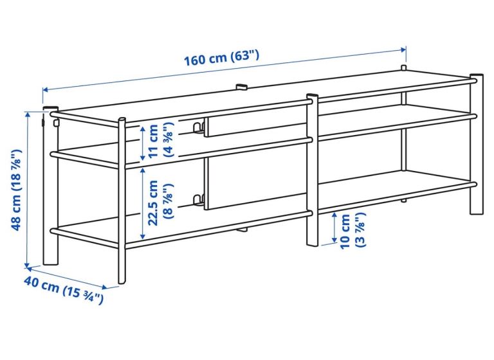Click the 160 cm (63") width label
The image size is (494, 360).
coord(221,58)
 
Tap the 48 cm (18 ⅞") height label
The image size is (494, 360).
coord(16,190)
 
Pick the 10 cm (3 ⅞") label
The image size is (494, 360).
coord(353,231)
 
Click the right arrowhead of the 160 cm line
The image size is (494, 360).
coord(403,50)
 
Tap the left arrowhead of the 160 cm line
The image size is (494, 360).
coord(46,90)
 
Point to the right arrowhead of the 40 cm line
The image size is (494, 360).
coord(104,287)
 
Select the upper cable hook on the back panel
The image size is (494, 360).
coord(197,128)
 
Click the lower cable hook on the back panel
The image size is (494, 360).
coord(197,201)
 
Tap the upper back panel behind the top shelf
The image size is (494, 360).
coord(255,125)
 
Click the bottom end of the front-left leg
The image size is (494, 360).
coord(122,282)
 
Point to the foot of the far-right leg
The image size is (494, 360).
coord(477,212)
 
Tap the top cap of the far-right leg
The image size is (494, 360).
coord(477,76)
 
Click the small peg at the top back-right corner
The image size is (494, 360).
coord(403,67)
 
